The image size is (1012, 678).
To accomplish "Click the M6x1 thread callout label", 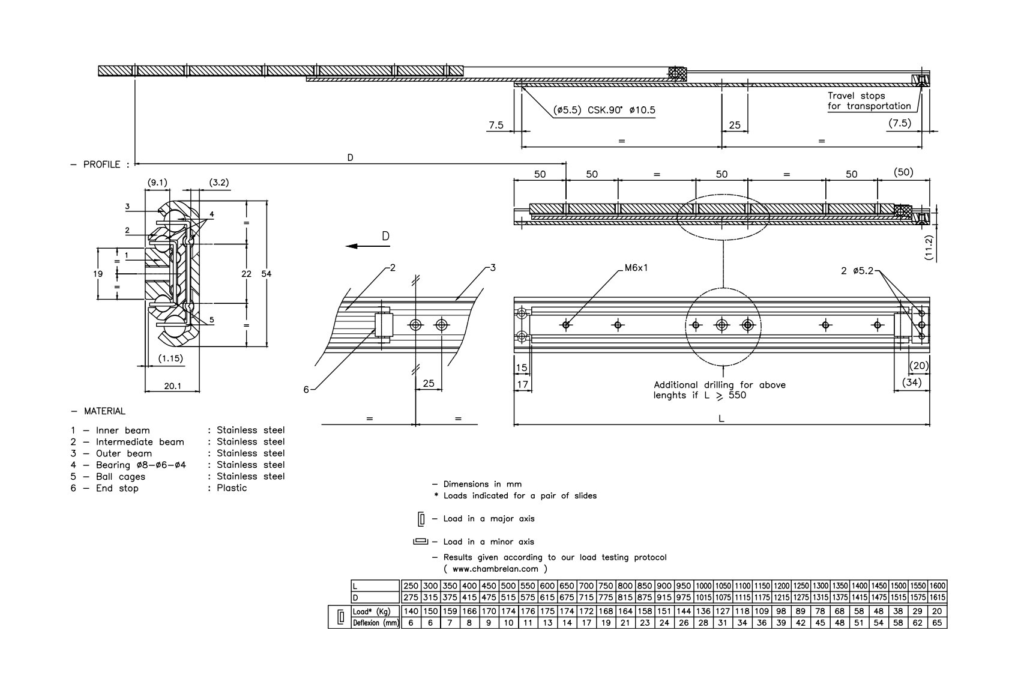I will click(x=636, y=268).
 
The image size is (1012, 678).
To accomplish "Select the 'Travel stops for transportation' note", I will click(x=869, y=101).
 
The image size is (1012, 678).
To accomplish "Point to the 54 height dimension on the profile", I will click(x=267, y=274).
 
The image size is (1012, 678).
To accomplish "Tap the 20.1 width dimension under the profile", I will click(x=172, y=386).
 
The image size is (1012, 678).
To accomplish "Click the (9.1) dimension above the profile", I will click(x=157, y=183).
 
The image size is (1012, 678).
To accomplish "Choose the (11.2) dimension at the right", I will click(x=929, y=247).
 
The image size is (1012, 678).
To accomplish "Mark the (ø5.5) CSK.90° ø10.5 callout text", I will click(x=604, y=110).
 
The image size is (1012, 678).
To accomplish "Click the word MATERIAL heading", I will click(x=104, y=411).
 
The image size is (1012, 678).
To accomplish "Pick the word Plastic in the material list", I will click(x=232, y=488).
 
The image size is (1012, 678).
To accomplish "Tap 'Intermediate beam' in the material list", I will click(x=140, y=442).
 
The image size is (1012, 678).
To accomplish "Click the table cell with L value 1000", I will click(x=703, y=586).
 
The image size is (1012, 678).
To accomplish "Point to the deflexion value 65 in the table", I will click(x=938, y=623).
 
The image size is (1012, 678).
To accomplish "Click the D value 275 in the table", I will click(x=411, y=598).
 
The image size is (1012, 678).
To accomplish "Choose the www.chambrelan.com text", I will click(x=495, y=568).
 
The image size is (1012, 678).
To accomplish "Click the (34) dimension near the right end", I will click(x=911, y=382).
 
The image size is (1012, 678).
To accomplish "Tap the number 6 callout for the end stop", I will click(x=306, y=389).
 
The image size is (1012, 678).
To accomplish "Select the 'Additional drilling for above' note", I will click(x=719, y=385).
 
